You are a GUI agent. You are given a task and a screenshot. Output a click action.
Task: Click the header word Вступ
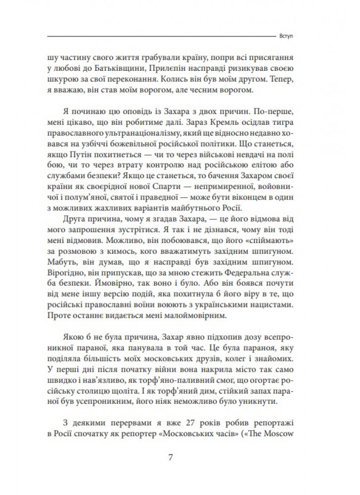(x=294, y=36)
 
